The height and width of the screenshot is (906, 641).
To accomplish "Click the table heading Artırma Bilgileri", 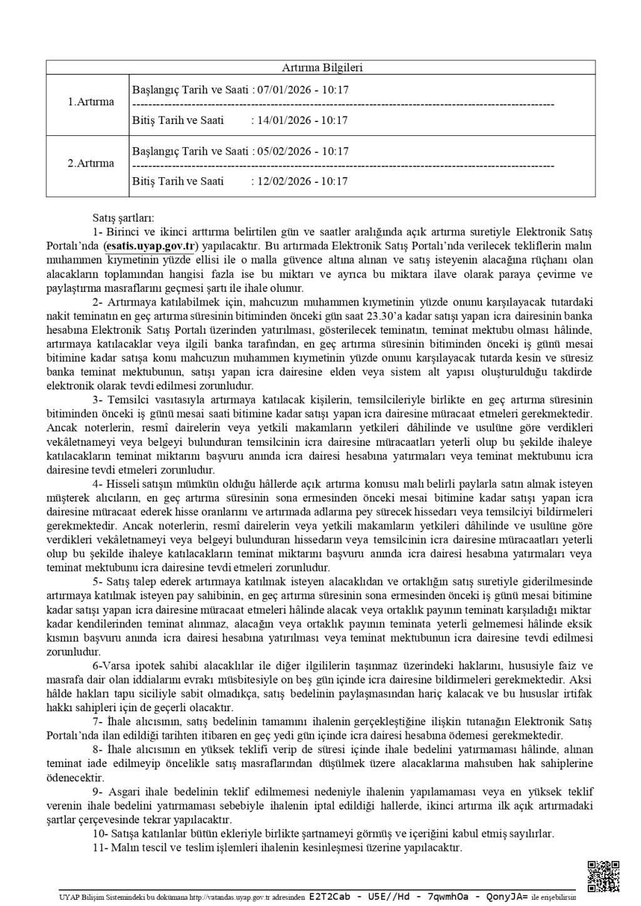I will pos(320,68).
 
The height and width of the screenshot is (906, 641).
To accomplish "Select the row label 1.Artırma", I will pos(91,102).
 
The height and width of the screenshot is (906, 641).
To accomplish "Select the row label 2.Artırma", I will pos(91,163).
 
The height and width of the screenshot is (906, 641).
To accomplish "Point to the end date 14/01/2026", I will pos(280,120).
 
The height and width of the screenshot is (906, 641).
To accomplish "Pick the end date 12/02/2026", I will pos(280,182).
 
